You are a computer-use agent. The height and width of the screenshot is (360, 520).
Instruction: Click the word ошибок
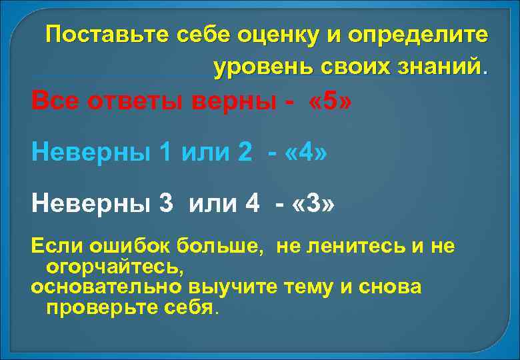click(x=121, y=247)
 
